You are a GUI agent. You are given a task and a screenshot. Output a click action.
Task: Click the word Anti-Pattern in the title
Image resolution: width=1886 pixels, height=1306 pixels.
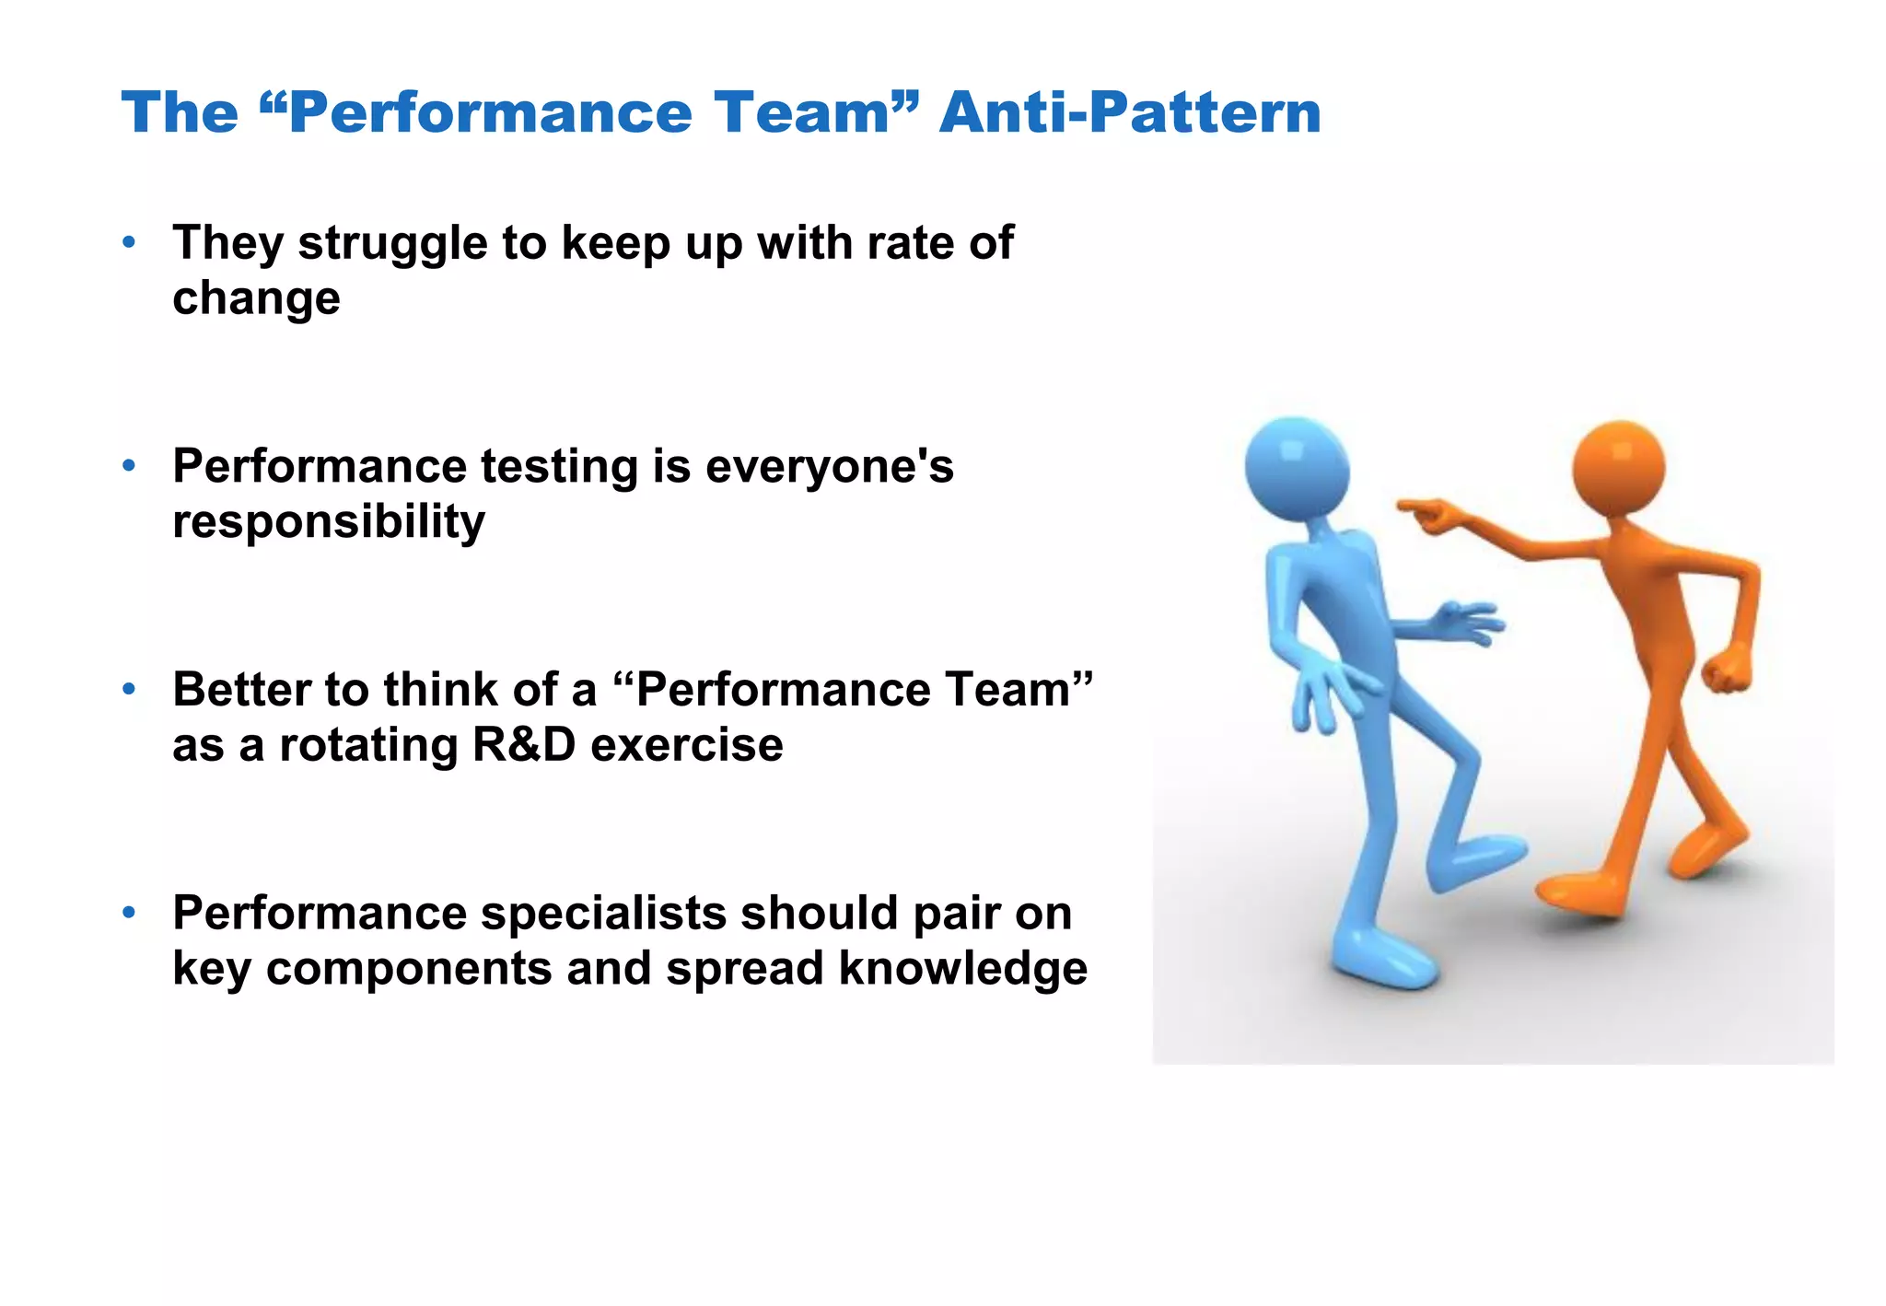coord(1130,112)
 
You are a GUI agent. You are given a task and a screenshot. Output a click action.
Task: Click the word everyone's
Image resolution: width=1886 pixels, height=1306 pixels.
coord(829,466)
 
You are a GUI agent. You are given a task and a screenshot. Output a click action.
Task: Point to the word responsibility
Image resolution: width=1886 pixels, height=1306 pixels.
coord(329,523)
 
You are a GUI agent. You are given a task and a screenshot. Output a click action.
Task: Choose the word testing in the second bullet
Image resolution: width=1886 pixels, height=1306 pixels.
coord(559,466)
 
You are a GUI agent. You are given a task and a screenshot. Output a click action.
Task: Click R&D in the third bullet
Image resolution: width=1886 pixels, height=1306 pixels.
coord(523,745)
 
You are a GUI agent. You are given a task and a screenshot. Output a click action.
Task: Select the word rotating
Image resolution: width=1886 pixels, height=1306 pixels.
coord(368,745)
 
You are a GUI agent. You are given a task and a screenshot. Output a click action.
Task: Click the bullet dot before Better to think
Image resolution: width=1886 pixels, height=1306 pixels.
coord(129,689)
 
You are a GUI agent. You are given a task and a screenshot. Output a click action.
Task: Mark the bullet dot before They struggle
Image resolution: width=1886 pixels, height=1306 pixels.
coord(129,243)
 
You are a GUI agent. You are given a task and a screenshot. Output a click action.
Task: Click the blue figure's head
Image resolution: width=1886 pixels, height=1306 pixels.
coord(1297,467)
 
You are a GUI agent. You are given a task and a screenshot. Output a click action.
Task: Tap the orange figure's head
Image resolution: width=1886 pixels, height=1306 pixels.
coord(1618,466)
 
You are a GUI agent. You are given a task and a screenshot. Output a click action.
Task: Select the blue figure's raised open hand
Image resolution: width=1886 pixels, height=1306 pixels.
coord(1469,622)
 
